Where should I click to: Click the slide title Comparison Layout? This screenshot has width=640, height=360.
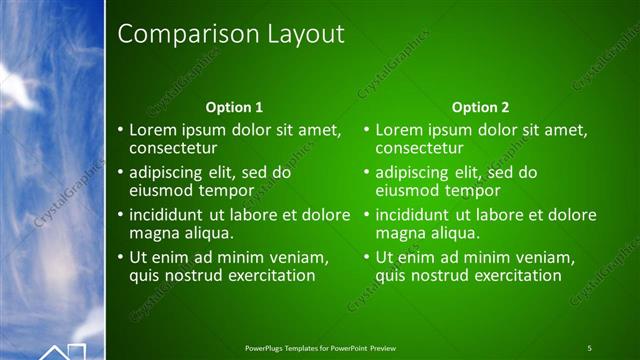pos(231,34)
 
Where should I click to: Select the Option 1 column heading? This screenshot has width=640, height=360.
pos(234,107)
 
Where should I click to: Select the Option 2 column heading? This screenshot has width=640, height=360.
pos(480,107)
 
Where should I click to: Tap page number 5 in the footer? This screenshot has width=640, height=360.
pos(589,347)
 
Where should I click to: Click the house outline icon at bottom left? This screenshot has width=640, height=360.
pos(63,351)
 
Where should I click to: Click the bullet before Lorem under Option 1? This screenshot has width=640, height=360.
pos(121,130)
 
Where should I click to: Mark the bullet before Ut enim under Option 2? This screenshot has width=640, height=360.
pos(367,258)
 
